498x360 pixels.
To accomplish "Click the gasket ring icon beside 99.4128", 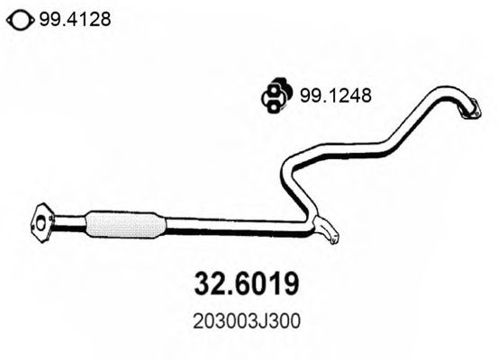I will coord(18,19).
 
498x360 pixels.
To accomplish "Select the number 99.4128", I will coord(74,19).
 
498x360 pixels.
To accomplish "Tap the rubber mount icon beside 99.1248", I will coord(275,94).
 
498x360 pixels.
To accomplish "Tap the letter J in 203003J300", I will coord(262,320).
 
